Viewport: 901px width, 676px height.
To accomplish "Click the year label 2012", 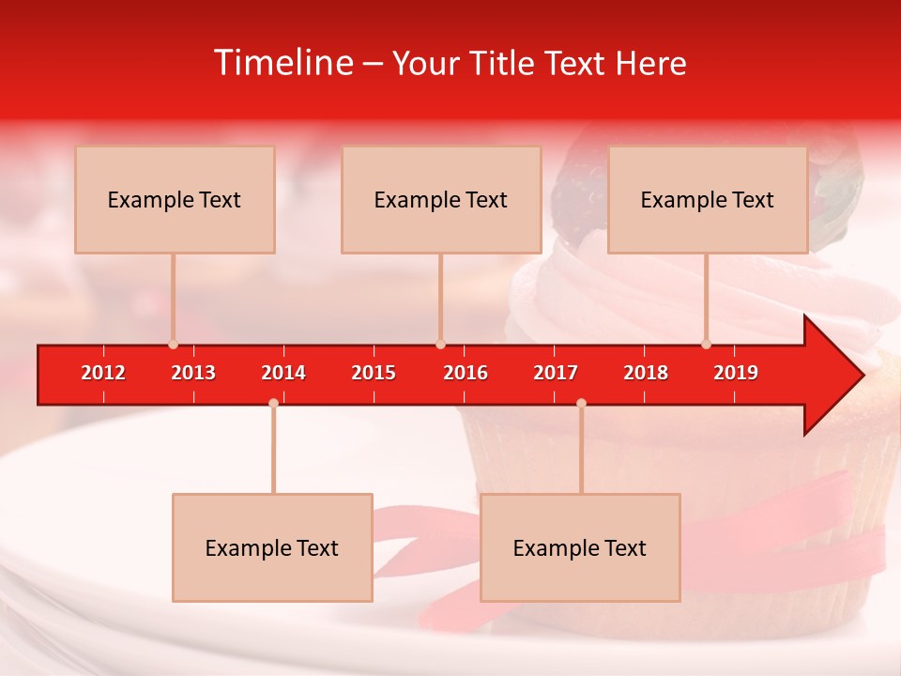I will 103,373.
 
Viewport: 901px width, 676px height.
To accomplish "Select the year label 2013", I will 193,373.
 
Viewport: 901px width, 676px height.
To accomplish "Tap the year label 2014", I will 283,373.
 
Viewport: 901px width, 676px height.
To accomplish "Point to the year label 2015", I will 374,373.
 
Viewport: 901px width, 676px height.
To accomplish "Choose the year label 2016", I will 466,373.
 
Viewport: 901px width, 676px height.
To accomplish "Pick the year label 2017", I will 556,373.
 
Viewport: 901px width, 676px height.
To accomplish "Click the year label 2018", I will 646,373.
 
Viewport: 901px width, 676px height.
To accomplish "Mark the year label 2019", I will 736,373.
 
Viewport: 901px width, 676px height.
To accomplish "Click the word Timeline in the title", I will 283,63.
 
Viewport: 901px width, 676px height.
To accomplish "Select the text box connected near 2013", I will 175,199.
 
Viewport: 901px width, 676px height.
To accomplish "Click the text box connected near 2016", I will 441,199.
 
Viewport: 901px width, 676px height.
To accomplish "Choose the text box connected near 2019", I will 708,199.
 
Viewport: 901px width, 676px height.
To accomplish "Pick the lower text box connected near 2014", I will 272,547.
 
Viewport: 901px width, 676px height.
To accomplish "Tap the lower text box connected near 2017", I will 580,547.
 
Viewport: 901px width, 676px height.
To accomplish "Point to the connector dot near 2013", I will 173,344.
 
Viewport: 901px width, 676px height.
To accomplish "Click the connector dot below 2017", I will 581,403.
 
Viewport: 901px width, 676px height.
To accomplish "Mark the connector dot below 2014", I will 273,403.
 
